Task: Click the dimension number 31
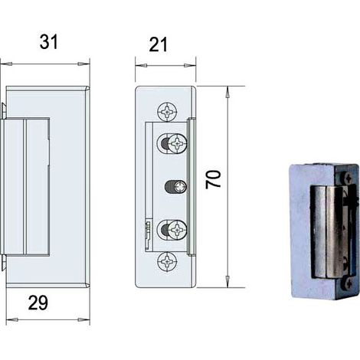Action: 49,42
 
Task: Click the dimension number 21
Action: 158,44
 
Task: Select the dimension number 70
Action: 213,179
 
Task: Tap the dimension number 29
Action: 38,303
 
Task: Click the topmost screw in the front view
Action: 168,112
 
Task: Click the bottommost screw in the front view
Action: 167,262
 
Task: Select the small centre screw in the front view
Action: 181,187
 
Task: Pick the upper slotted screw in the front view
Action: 178,143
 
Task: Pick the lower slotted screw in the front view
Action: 178,231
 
